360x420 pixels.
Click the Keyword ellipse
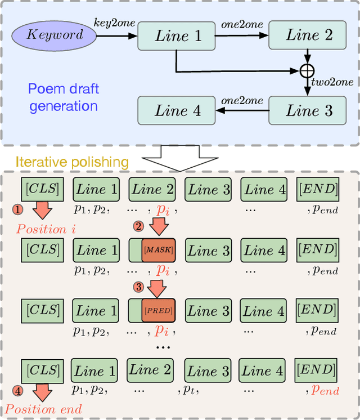pos(55,35)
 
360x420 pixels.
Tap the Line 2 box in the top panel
pos(309,35)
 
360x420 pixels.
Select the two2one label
pos(334,82)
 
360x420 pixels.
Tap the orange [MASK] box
pos(158,249)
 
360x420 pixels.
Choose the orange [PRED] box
pos(158,310)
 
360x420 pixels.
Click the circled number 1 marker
pos(17,209)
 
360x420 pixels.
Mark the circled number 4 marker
pos(17,390)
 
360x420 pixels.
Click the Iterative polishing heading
pos(71,162)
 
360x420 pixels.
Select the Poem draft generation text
pos(64,97)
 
